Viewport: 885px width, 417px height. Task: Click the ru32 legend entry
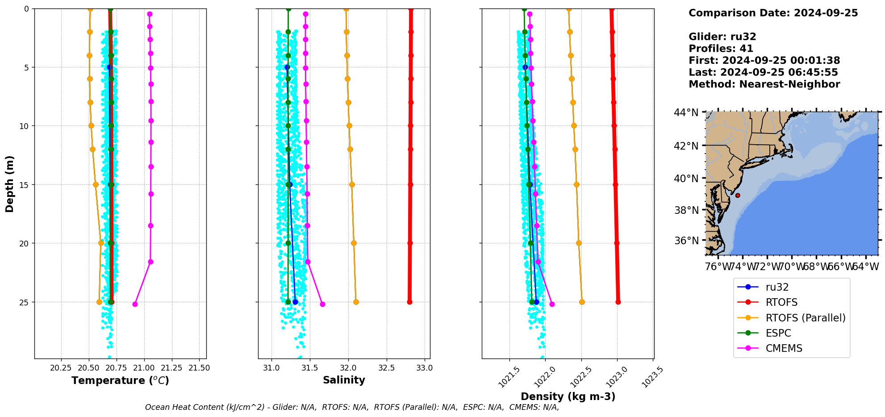777,288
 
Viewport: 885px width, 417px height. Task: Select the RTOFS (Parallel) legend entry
805,318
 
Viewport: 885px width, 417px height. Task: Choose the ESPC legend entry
778,333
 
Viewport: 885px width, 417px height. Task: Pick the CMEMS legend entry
784,348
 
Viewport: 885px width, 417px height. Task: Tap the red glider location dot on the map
738,196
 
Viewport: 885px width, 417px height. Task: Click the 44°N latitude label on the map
686,113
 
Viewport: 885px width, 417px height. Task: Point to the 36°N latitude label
686,241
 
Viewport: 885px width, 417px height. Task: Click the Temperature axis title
120,380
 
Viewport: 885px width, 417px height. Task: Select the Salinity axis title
344,380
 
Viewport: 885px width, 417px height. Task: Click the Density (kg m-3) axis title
568,396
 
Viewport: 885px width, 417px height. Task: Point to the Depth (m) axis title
10,183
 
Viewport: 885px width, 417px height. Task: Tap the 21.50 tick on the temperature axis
199,368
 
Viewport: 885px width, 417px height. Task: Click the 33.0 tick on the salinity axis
424,368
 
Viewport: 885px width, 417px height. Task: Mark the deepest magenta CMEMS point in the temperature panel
135,304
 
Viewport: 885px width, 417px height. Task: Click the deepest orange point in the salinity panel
356,302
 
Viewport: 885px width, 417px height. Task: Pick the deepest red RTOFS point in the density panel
618,302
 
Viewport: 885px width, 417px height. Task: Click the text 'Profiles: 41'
721,49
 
